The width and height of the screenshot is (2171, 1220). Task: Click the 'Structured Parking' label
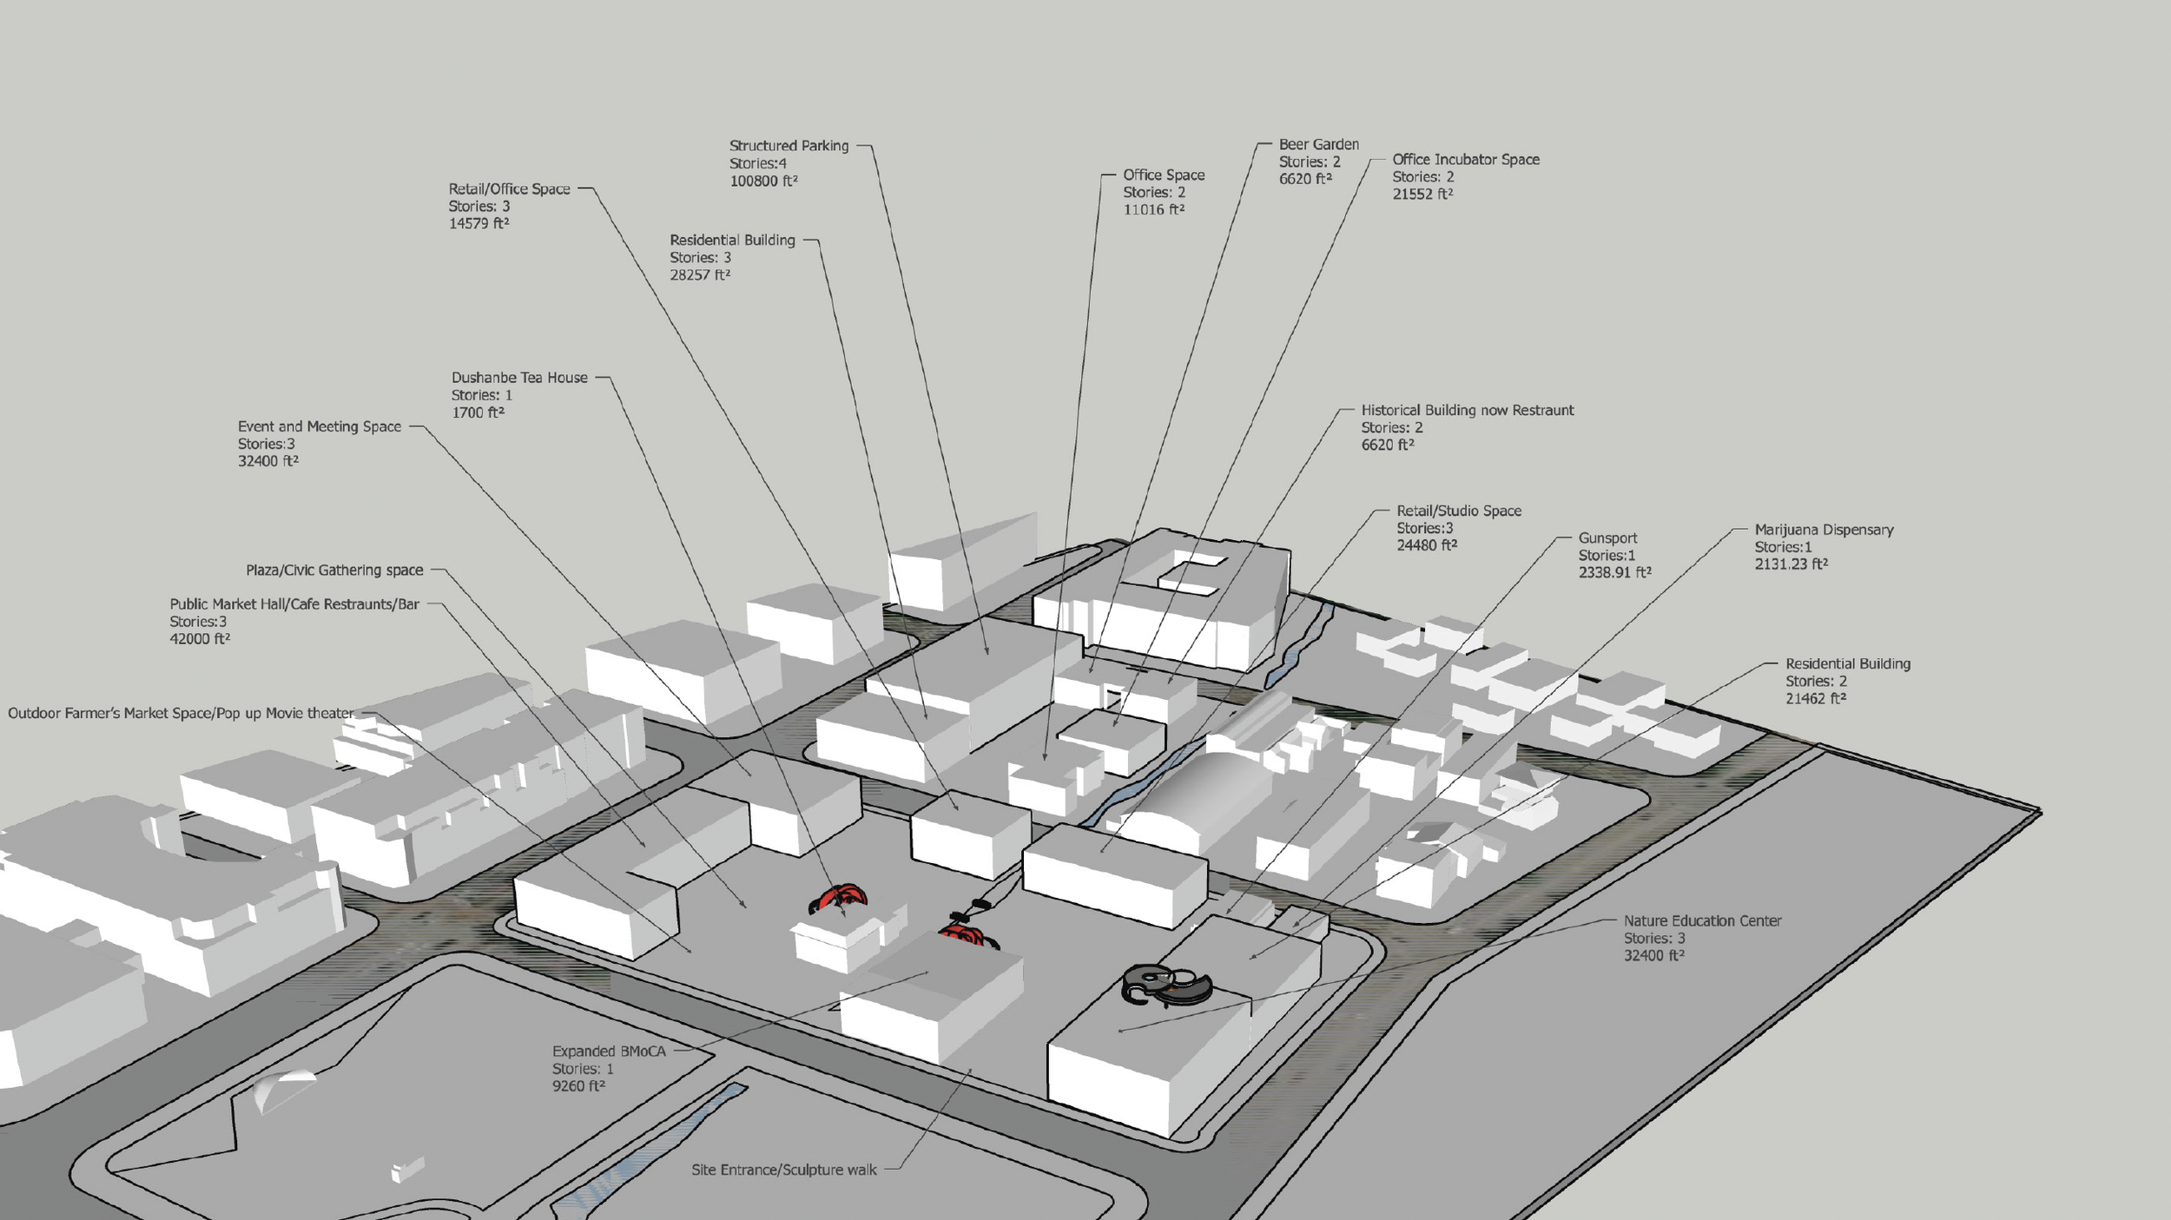(x=789, y=146)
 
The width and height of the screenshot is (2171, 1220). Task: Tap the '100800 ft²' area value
(x=763, y=181)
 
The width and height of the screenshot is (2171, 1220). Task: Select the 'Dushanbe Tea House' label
(x=519, y=378)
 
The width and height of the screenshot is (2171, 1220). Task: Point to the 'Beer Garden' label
(x=1318, y=144)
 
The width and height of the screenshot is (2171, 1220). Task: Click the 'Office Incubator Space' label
(x=1466, y=160)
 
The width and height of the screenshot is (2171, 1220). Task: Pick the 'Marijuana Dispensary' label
(x=1824, y=530)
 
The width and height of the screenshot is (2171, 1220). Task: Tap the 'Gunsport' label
(x=1607, y=538)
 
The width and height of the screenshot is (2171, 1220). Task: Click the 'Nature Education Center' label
(x=1702, y=920)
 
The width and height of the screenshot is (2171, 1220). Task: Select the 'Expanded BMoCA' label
(x=609, y=1051)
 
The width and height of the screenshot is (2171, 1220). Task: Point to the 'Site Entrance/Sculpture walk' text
(x=784, y=1170)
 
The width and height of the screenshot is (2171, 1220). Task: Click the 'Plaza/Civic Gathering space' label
(x=334, y=570)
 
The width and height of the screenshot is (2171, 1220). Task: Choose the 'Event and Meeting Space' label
(x=320, y=426)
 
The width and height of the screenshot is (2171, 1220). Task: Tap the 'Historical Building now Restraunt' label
(x=1467, y=410)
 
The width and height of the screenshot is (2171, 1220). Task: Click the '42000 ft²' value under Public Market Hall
(x=200, y=639)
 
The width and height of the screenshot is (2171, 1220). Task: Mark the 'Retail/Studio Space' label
(x=1459, y=511)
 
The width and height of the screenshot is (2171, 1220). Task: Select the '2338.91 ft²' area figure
(x=1614, y=573)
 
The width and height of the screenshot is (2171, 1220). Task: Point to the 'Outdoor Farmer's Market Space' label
(x=181, y=714)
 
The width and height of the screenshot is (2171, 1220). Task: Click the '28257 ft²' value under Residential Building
(x=700, y=275)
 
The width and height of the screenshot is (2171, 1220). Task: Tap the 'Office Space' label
(x=1164, y=175)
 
